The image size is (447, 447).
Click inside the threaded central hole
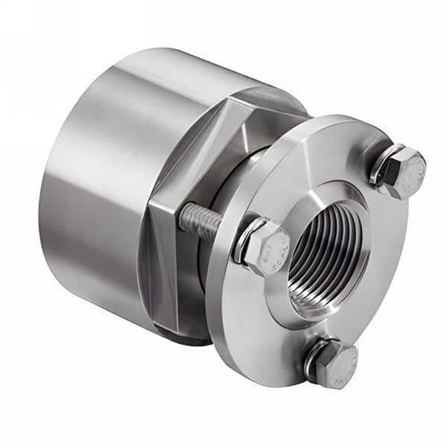click(320, 253)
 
